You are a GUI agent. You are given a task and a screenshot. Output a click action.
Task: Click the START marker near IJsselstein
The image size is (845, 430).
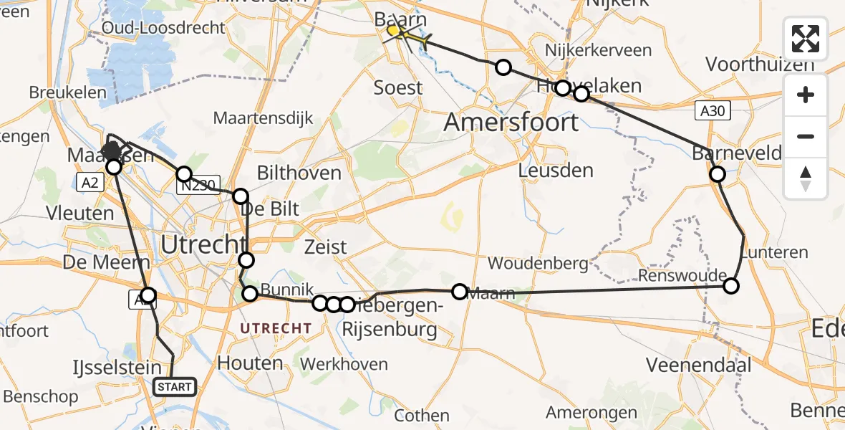(175, 387)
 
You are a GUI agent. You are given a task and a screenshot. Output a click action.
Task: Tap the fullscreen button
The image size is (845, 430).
(806, 39)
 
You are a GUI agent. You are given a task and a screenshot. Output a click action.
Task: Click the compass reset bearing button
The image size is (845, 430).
(806, 178)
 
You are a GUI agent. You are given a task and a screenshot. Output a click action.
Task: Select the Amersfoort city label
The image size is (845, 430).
(511, 122)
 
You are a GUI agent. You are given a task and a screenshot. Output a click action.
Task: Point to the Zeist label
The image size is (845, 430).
(325, 247)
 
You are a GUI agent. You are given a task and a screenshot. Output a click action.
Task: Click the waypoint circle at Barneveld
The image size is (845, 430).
(717, 173)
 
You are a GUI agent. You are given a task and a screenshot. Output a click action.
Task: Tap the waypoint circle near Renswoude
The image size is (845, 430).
(730, 286)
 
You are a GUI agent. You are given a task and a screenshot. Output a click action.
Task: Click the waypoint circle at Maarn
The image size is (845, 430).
(459, 292)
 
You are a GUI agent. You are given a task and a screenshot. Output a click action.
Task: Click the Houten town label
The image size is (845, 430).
(250, 363)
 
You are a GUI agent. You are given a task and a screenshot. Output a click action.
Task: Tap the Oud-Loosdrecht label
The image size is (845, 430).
(164, 28)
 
